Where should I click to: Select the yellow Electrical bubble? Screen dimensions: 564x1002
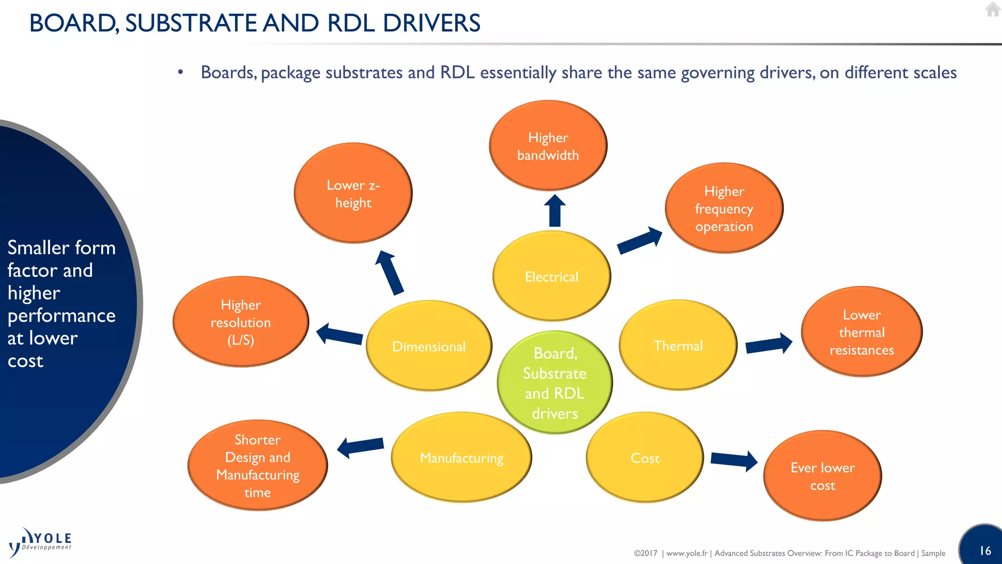pos(551,277)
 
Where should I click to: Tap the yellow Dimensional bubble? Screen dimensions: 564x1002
pos(429,346)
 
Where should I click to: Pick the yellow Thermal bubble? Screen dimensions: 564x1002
pos(678,346)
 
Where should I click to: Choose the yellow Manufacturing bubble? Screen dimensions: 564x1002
pos(461,458)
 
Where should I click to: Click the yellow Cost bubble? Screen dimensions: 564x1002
pos(644,458)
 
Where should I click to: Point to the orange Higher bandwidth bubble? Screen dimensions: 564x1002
pos(548,146)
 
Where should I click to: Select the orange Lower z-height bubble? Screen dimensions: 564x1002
pos(353,193)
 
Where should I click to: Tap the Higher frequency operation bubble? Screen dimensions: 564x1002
pos(724,209)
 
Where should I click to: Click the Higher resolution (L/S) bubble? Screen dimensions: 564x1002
pos(240,322)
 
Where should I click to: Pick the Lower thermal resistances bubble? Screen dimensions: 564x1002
pos(862,332)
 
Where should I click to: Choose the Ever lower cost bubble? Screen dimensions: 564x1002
pos(822,476)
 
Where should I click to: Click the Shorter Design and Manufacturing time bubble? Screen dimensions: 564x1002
pos(257,466)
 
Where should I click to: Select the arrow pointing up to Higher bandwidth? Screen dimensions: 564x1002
pos(555,211)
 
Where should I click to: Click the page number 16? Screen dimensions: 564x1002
pos(985,551)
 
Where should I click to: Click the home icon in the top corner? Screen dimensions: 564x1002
pos(993,9)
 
